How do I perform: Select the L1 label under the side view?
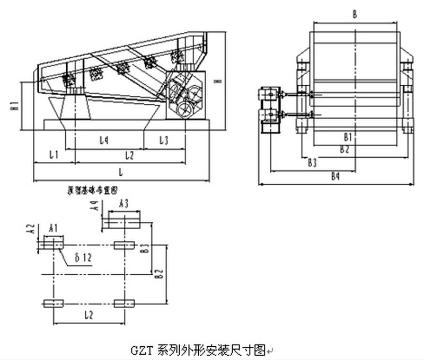point(54,155)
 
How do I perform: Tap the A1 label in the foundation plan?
point(53,228)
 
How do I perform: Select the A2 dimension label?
point(31,229)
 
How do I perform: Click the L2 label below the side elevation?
point(129,155)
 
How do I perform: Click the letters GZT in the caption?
point(139,349)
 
